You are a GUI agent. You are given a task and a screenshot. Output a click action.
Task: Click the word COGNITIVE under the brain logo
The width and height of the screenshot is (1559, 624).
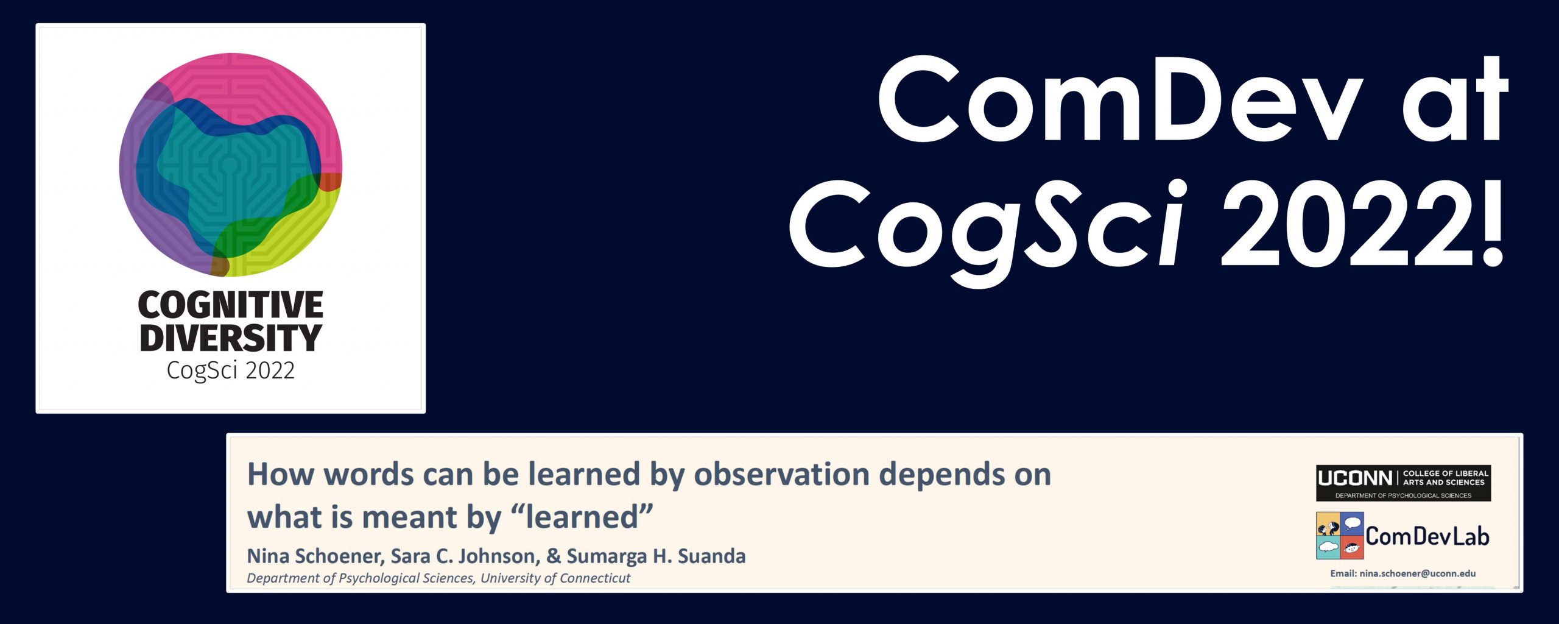click(230, 304)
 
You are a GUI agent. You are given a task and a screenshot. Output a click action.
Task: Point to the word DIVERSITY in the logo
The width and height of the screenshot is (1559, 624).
click(230, 338)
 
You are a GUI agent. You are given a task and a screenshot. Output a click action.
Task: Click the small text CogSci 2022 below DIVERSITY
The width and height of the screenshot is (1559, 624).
click(230, 370)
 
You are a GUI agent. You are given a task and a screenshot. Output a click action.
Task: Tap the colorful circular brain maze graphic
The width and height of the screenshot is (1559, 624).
click(230, 165)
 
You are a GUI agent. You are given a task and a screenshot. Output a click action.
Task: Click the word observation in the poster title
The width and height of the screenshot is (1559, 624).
click(781, 474)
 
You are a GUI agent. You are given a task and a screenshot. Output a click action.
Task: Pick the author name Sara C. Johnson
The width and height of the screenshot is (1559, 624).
click(463, 556)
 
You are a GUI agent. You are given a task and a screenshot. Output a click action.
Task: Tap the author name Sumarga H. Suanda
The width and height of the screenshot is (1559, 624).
click(656, 556)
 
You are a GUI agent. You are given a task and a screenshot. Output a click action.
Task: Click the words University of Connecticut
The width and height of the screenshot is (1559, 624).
click(555, 578)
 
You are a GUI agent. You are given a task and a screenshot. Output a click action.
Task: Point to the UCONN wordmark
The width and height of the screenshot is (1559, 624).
click(1355, 478)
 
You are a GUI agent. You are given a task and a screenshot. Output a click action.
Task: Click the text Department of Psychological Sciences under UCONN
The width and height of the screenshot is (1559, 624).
click(1403, 495)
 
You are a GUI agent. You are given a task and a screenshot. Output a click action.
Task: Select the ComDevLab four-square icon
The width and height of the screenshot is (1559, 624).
click(1340, 536)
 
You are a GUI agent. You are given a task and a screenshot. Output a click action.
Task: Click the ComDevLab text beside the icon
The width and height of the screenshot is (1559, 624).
click(1427, 536)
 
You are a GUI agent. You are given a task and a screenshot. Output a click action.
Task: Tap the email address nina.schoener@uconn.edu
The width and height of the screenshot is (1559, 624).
click(1418, 573)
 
